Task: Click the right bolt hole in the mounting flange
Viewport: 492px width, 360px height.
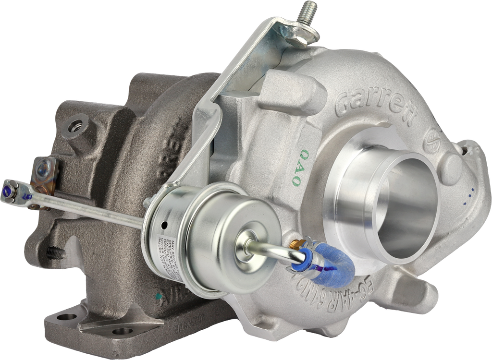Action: point(124,332)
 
